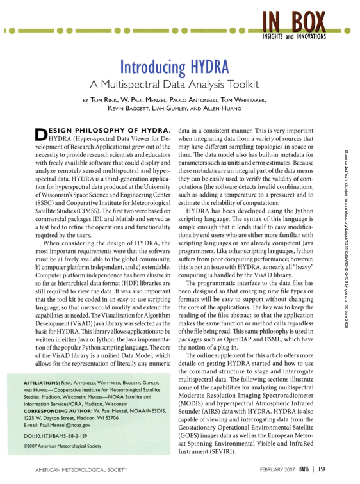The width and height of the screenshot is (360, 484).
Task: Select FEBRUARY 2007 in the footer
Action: point(279,470)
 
